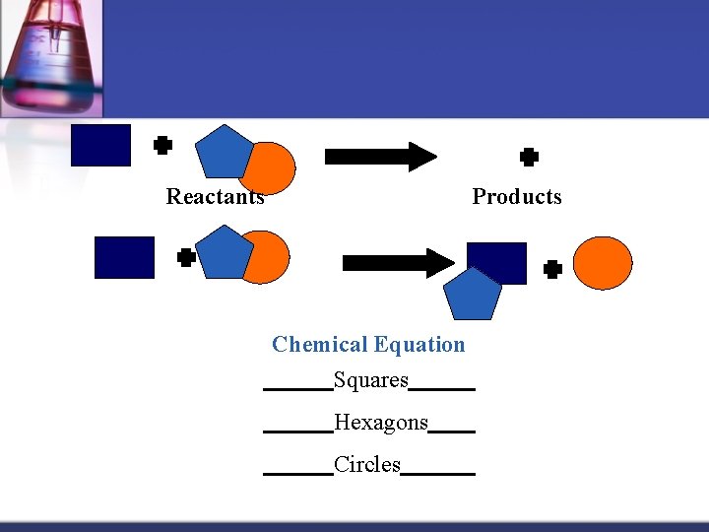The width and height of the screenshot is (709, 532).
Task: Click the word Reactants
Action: coord(215,197)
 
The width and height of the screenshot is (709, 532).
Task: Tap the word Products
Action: coord(517,197)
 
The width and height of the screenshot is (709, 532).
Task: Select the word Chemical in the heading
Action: coord(320,345)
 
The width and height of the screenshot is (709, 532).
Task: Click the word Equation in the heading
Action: coord(419,345)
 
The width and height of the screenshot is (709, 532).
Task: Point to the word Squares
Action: coord(371,380)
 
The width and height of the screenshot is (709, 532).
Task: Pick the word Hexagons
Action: coord(381,424)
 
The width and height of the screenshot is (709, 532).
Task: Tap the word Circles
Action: coord(367,465)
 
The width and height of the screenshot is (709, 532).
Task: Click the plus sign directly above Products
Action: coord(529,157)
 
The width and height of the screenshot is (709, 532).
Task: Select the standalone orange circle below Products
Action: coord(603,263)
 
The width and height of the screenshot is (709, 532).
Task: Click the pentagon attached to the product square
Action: coord(472,295)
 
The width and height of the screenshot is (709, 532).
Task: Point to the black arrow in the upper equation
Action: coord(380,156)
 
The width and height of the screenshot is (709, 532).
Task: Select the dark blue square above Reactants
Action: coord(100,145)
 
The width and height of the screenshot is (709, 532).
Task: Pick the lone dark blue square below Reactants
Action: coord(124,257)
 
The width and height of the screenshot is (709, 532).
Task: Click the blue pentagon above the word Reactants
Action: coord(225,151)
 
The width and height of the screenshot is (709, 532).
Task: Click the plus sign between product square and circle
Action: coord(552,268)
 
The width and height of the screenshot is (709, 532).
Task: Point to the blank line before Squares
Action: coord(297,390)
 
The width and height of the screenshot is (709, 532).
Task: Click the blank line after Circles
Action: coord(438,475)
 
